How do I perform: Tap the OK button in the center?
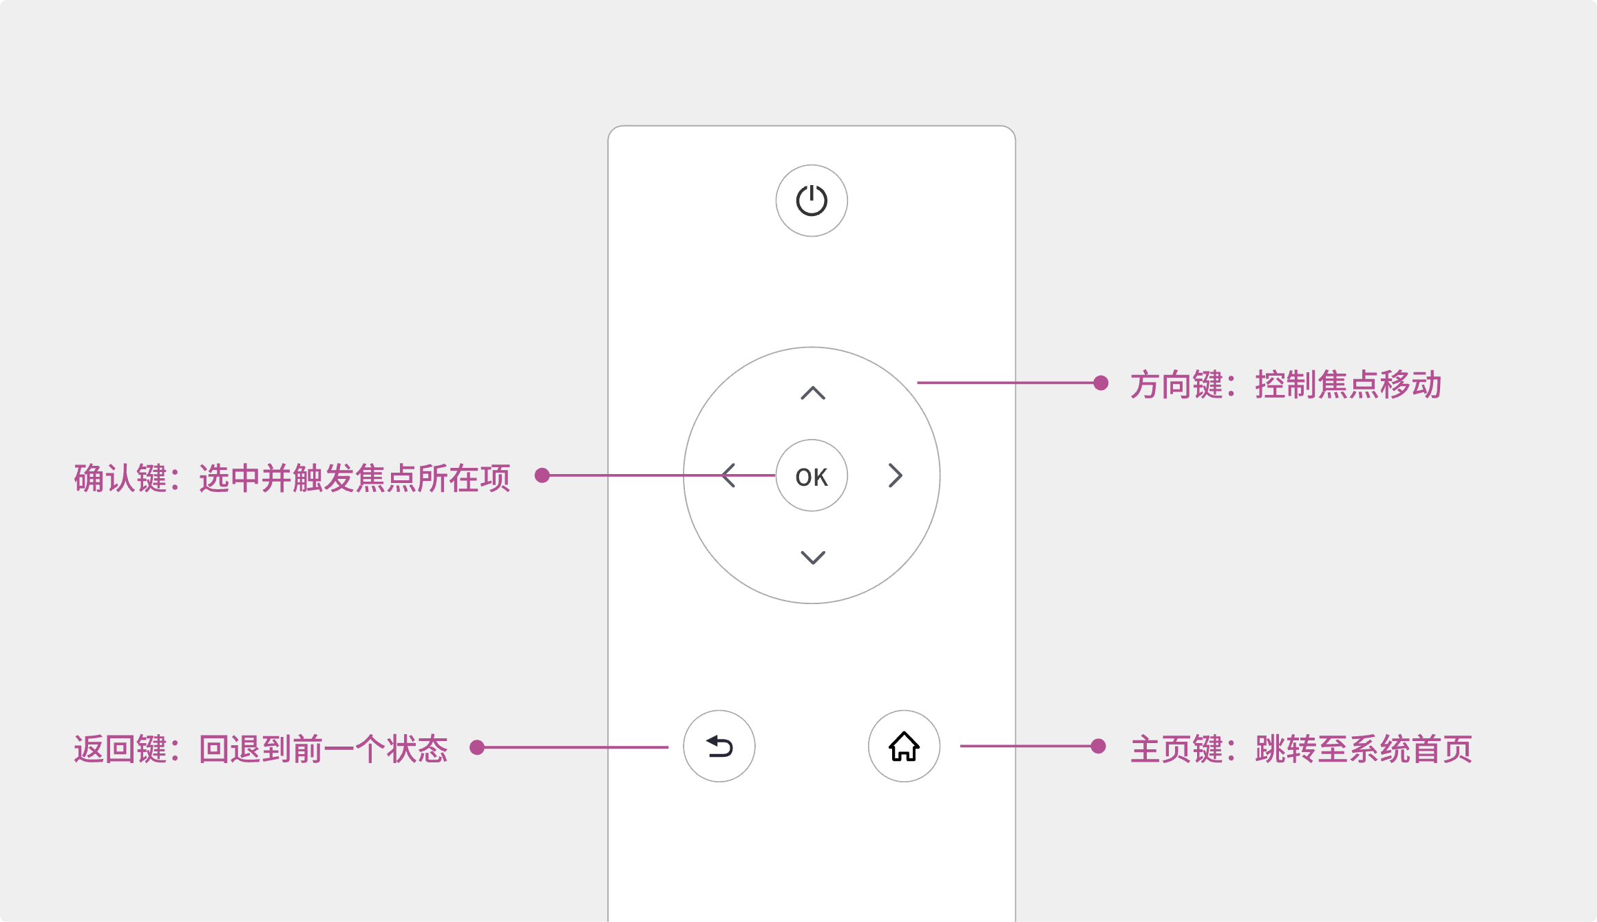pyautogui.click(x=812, y=476)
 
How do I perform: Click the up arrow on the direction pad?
pyautogui.click(x=813, y=393)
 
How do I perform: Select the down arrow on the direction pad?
pyautogui.click(x=813, y=557)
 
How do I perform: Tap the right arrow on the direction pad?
pyautogui.click(x=895, y=475)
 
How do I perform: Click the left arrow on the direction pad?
pyautogui.click(x=729, y=475)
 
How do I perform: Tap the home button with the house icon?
pyautogui.click(x=904, y=747)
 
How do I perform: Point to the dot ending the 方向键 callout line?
pyautogui.click(x=1101, y=383)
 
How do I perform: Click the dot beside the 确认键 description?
pyautogui.click(x=542, y=475)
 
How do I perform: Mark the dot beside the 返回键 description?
pyautogui.click(x=477, y=747)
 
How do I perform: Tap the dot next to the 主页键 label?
pyautogui.click(x=1099, y=746)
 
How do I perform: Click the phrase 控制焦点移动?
pyautogui.click(x=1348, y=385)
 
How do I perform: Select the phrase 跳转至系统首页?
pyautogui.click(x=1363, y=749)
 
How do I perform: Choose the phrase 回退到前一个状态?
pyautogui.click(x=324, y=749)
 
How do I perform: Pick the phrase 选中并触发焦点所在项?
pyautogui.click(x=355, y=478)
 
